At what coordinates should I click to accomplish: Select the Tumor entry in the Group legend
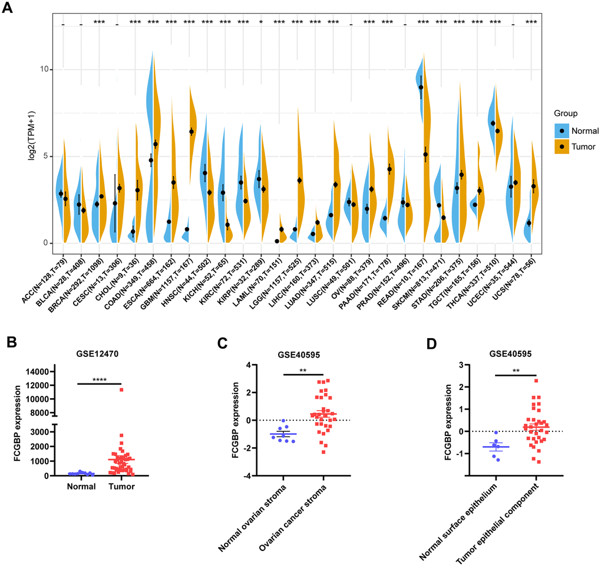(x=580, y=146)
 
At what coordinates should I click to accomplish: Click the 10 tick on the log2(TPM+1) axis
(x=44, y=70)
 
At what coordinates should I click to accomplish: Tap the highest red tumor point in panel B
(x=120, y=389)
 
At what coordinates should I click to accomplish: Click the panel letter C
(x=220, y=342)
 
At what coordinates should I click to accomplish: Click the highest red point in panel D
(x=537, y=381)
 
